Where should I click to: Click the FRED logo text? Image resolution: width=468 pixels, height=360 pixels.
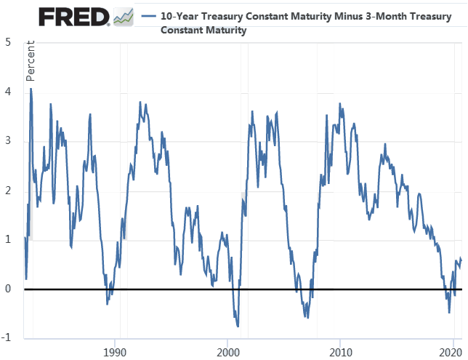click(73, 16)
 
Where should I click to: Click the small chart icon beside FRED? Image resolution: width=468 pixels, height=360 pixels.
click(124, 16)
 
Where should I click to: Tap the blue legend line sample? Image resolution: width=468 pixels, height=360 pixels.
click(150, 16)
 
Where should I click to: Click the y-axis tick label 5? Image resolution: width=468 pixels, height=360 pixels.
click(8, 42)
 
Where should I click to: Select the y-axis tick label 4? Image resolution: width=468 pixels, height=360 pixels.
click(8, 92)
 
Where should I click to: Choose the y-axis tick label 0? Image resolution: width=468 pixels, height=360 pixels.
click(8, 289)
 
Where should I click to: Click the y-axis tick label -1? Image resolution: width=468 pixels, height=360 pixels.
click(7, 338)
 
